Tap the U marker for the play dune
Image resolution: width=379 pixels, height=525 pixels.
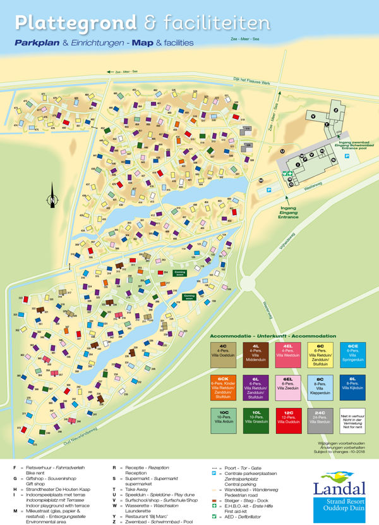282,151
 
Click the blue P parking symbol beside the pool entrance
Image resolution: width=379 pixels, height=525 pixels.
347,154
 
